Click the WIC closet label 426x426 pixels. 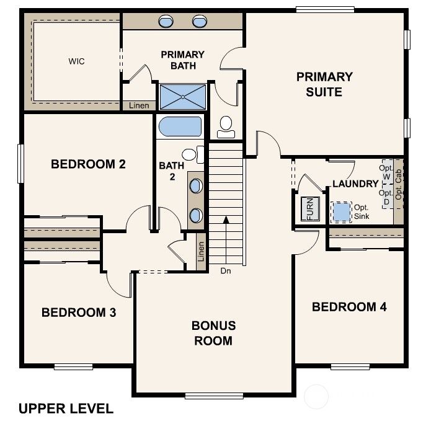tap(77, 61)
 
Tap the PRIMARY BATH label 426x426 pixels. tap(182, 60)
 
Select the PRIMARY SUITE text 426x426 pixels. tap(324, 84)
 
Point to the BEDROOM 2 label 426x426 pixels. tap(89, 164)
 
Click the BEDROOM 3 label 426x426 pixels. tap(79, 313)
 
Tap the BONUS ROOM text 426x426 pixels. tap(213, 333)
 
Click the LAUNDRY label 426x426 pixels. tap(355, 184)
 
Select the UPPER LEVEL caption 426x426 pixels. tap(66, 409)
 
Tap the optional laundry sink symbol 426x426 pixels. tap(341, 211)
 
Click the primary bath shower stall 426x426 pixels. tap(182, 97)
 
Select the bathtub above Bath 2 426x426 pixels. tap(180, 127)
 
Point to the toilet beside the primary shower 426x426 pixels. tap(226, 126)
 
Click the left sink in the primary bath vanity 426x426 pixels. tap(167, 22)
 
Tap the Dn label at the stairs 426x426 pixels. tap(226, 270)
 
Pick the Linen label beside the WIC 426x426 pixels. tap(140, 106)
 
